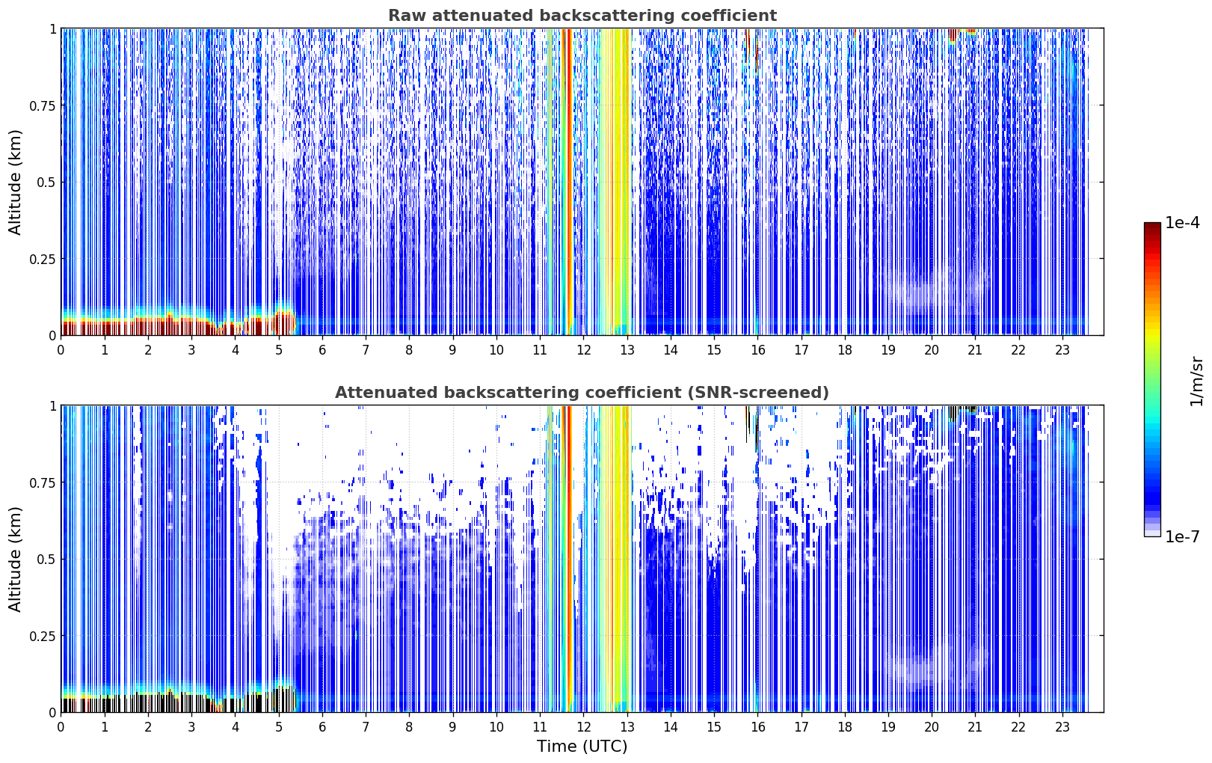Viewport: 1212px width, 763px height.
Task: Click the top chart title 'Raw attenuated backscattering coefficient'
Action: (x=582, y=15)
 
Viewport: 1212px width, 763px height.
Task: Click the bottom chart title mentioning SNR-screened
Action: (x=582, y=392)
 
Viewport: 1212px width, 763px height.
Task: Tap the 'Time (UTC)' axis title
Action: (x=582, y=747)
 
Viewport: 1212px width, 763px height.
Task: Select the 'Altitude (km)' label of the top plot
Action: (x=15, y=182)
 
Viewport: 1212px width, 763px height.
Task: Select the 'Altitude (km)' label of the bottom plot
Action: (x=15, y=559)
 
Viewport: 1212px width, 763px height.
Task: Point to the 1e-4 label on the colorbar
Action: (x=1182, y=222)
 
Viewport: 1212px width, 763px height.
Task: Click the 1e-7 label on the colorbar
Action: (x=1182, y=537)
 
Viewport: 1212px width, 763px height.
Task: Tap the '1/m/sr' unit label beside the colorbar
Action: (x=1196, y=381)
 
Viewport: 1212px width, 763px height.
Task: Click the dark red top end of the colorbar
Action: (x=1152, y=226)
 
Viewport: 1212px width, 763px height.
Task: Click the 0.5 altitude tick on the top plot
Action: (x=46, y=183)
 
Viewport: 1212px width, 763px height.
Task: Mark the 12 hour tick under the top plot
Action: (x=584, y=350)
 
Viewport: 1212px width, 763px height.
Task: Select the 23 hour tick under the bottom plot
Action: (x=1062, y=727)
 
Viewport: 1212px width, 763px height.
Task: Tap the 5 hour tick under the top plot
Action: (x=279, y=350)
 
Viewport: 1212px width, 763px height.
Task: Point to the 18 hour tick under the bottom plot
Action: (x=845, y=727)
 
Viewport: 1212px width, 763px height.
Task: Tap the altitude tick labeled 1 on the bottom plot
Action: (x=52, y=406)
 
